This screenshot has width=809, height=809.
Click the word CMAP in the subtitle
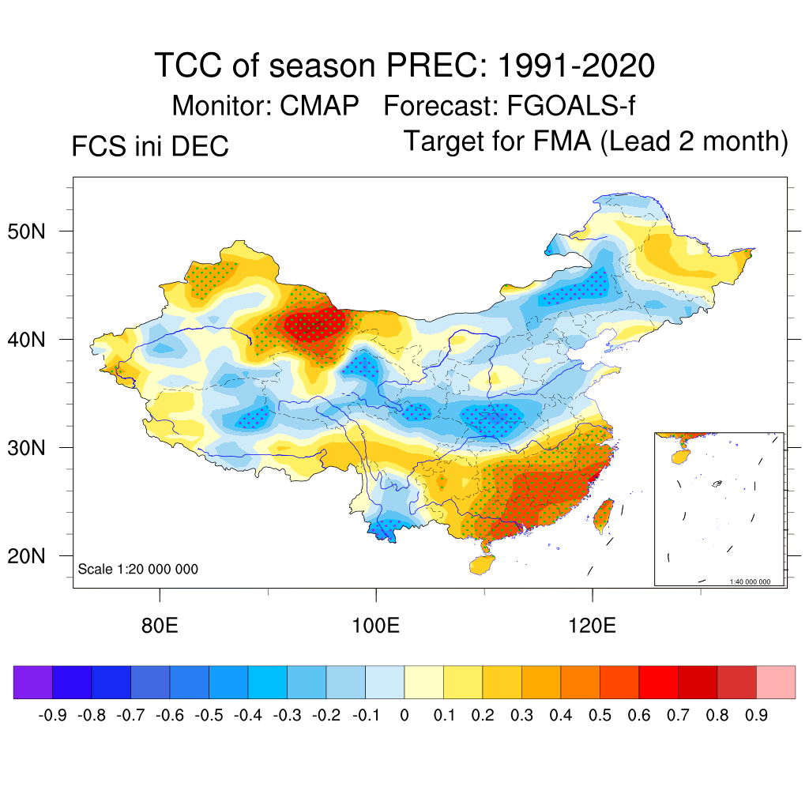[320, 105]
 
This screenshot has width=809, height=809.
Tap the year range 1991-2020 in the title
[576, 66]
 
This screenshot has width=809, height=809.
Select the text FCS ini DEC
[150, 146]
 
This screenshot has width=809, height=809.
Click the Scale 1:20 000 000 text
[138, 570]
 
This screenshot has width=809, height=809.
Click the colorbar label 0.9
[756, 716]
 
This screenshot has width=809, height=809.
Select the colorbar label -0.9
[52, 716]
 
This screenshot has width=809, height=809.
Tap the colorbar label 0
[404, 716]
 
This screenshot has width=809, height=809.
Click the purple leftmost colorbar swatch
[33, 683]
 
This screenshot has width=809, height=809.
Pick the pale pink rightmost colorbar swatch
[776, 683]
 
